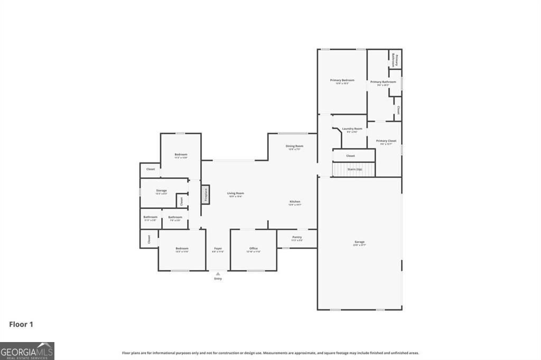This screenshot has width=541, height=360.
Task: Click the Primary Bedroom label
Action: click(342, 80)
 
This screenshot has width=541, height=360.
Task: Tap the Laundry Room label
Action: click(352, 129)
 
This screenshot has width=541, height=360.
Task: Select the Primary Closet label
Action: click(386, 141)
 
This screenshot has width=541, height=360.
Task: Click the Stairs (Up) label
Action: click(355, 169)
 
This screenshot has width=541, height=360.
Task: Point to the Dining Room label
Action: click(294, 146)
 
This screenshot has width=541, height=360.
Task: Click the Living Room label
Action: click(236, 193)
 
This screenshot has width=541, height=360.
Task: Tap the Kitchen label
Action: click(295, 202)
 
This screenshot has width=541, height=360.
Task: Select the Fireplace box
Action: click(206, 194)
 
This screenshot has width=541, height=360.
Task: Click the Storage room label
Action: click(161, 191)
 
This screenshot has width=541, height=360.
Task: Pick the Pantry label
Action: click(297, 237)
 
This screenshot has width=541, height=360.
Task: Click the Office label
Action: click(254, 248)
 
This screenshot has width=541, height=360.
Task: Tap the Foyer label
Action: click(218, 248)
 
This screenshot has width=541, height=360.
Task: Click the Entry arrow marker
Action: click(218, 274)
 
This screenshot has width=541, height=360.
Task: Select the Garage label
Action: click(359, 242)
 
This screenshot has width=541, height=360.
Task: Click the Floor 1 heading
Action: click(21, 324)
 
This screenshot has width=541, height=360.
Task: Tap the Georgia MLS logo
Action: click(27, 351)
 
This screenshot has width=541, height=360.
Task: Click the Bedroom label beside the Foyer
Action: click(182, 248)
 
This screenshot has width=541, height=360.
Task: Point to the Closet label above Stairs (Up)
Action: click(350, 156)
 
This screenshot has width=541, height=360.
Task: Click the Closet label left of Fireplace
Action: click(181, 201)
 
